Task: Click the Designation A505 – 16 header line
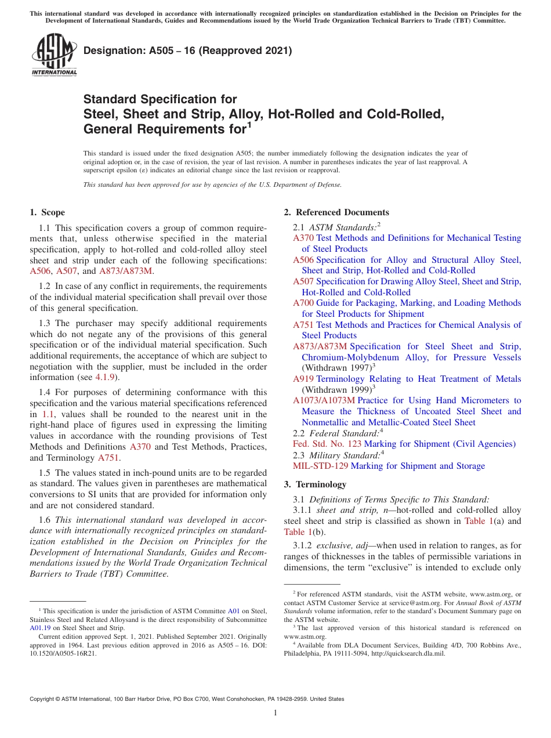point(187,51)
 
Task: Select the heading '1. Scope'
point(47,212)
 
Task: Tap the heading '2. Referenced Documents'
point(336,212)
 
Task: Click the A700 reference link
point(303,303)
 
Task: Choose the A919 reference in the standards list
point(303,379)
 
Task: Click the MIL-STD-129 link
point(321,466)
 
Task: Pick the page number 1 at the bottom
point(275,712)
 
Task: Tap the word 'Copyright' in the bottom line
point(43,699)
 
